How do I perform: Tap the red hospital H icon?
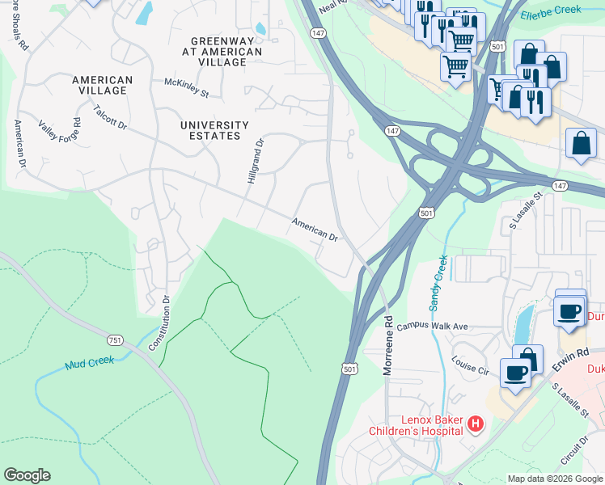[x=476, y=424]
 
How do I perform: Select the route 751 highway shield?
[x=116, y=340]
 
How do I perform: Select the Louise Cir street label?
[x=471, y=365]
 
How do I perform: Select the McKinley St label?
[x=186, y=88]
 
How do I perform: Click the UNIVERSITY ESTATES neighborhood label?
[x=214, y=130]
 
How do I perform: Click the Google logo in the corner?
[x=27, y=475]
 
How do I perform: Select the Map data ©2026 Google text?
[x=554, y=479]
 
